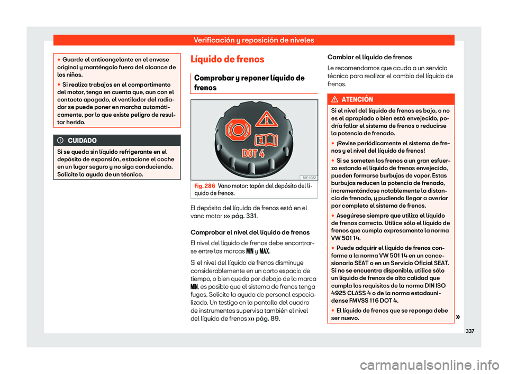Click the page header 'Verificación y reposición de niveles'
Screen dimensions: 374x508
[x=253, y=40]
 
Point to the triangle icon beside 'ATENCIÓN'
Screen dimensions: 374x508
[x=337, y=100]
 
